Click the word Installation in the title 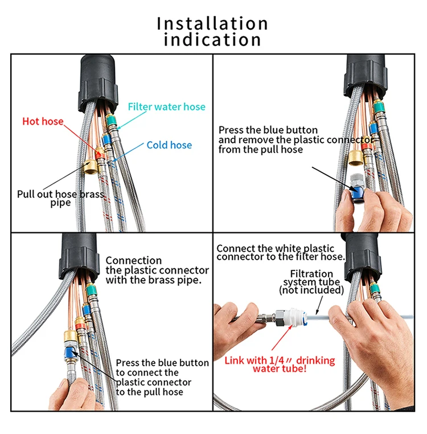pyautogui.click(x=212, y=23)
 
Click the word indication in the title pyautogui.click(x=212, y=39)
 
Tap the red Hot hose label pyautogui.click(x=43, y=121)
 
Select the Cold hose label pyautogui.click(x=169, y=145)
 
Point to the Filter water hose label pyautogui.click(x=167, y=107)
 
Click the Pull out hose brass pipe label pyautogui.click(x=60, y=198)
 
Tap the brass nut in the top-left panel pyautogui.click(x=90, y=167)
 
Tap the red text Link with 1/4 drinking pyautogui.click(x=280, y=361)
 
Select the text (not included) pyautogui.click(x=311, y=290)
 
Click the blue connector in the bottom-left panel pyautogui.click(x=69, y=354)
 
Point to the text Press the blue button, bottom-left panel pyautogui.click(x=162, y=363)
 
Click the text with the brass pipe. pyautogui.click(x=154, y=280)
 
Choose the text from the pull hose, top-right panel pyautogui.click(x=261, y=149)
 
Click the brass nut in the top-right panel pyautogui.click(x=356, y=158)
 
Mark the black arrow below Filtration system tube pyautogui.click(x=319, y=305)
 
